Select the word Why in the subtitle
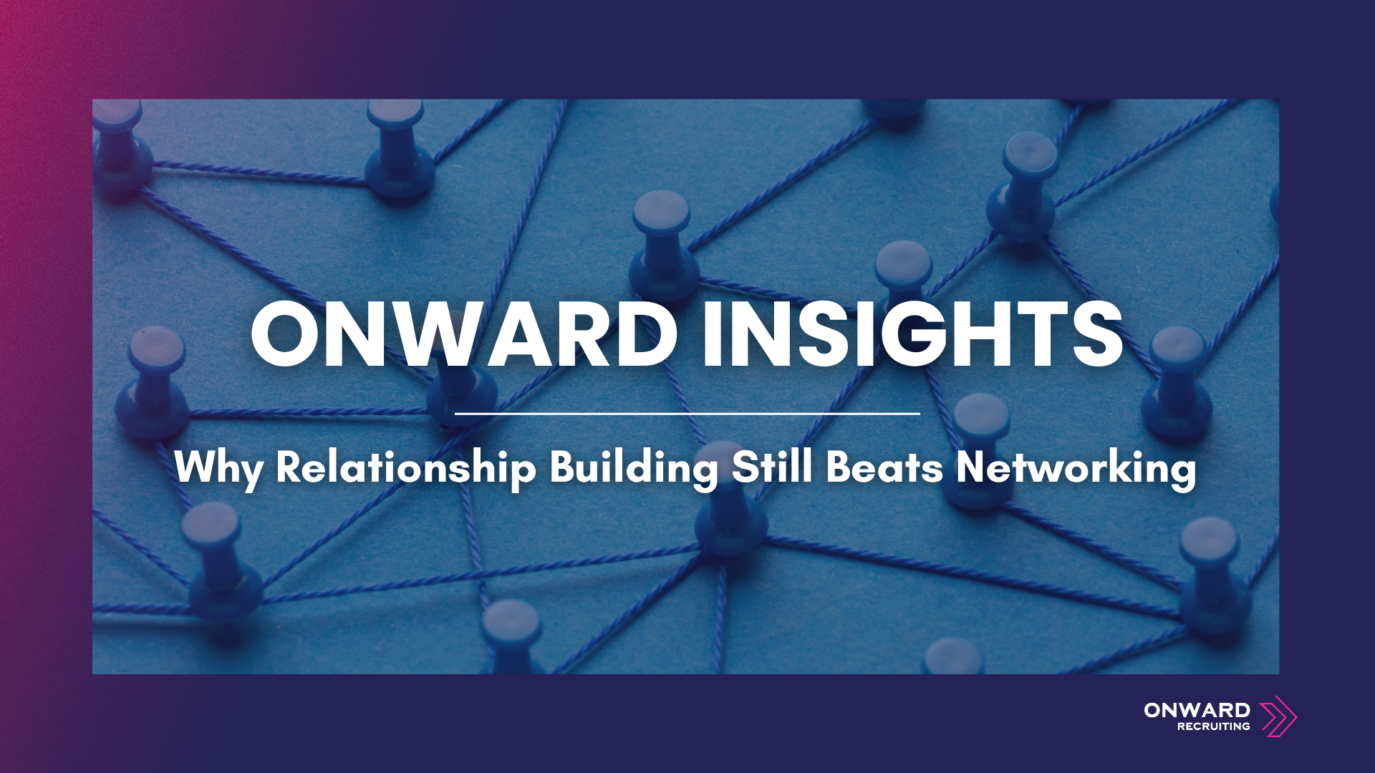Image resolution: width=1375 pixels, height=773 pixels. (x=218, y=467)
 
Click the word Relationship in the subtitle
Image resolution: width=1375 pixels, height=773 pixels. (x=405, y=467)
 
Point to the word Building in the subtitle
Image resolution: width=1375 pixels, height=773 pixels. (x=633, y=467)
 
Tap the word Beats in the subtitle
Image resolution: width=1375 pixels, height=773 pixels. (x=884, y=467)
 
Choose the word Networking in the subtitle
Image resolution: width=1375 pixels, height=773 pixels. (x=1076, y=467)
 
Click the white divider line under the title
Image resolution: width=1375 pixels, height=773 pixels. (x=687, y=414)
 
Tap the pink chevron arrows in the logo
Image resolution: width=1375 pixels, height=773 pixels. (x=1278, y=716)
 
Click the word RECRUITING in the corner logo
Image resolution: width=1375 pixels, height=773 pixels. (x=1213, y=726)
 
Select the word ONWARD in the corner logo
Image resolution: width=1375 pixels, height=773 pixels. (x=1197, y=710)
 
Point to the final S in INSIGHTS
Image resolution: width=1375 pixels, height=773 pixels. (x=1096, y=334)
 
